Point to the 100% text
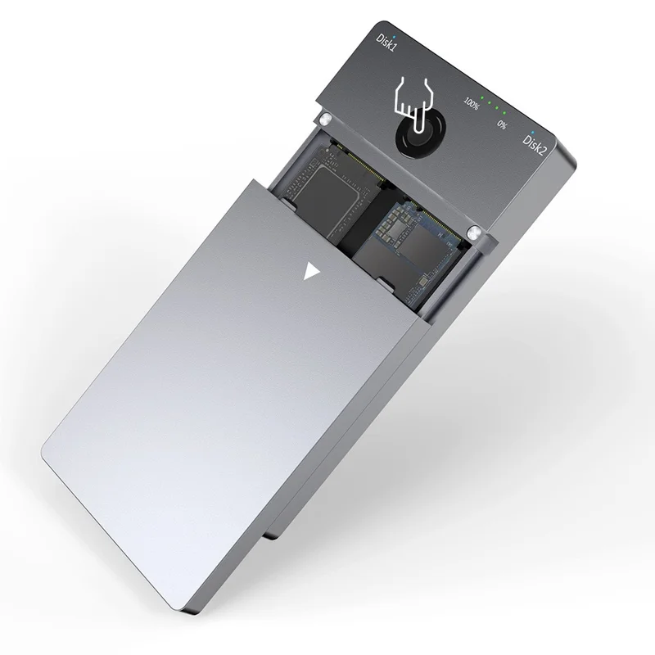(471, 104)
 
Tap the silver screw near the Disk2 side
(473, 236)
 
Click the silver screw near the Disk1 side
(327, 121)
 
